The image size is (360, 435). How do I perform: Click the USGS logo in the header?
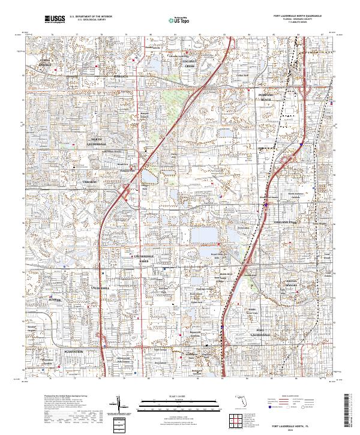[x=55, y=20]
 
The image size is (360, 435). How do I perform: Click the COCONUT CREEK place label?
[x=190, y=64]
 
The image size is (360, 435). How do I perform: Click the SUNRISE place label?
[x=56, y=298]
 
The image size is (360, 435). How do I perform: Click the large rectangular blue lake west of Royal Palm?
[x=202, y=235]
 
